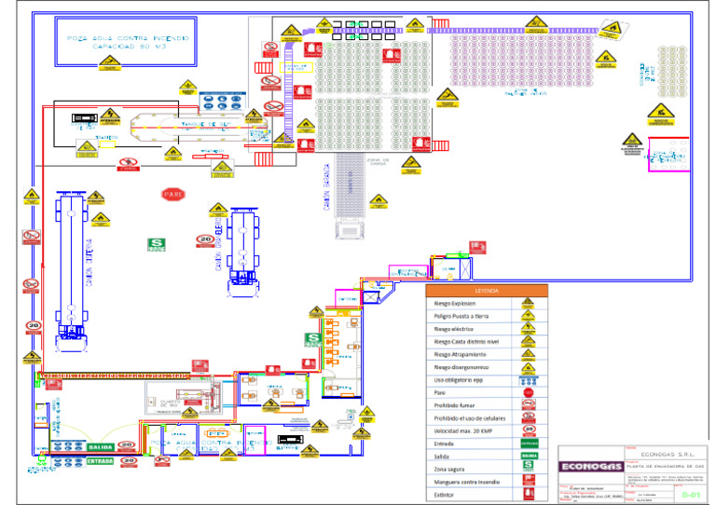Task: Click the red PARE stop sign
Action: coord(172,195)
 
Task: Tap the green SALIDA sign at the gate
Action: coord(101,448)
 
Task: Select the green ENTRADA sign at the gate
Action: coord(101,460)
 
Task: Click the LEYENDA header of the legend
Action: coord(487,291)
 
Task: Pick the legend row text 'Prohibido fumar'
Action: coord(457,405)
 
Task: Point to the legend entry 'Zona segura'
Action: coord(454,469)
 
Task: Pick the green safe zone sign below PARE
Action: coord(156,244)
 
